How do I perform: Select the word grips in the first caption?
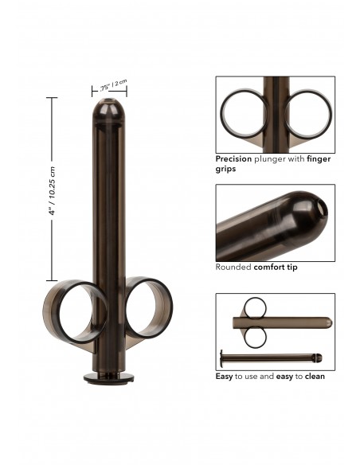[x=226, y=169]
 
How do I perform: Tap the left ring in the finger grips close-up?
[x=245, y=115]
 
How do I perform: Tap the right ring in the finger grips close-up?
[x=308, y=115]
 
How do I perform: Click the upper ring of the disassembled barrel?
[x=255, y=307]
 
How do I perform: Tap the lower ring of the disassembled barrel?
[x=255, y=337]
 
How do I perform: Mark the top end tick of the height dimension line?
[x=53, y=98]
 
